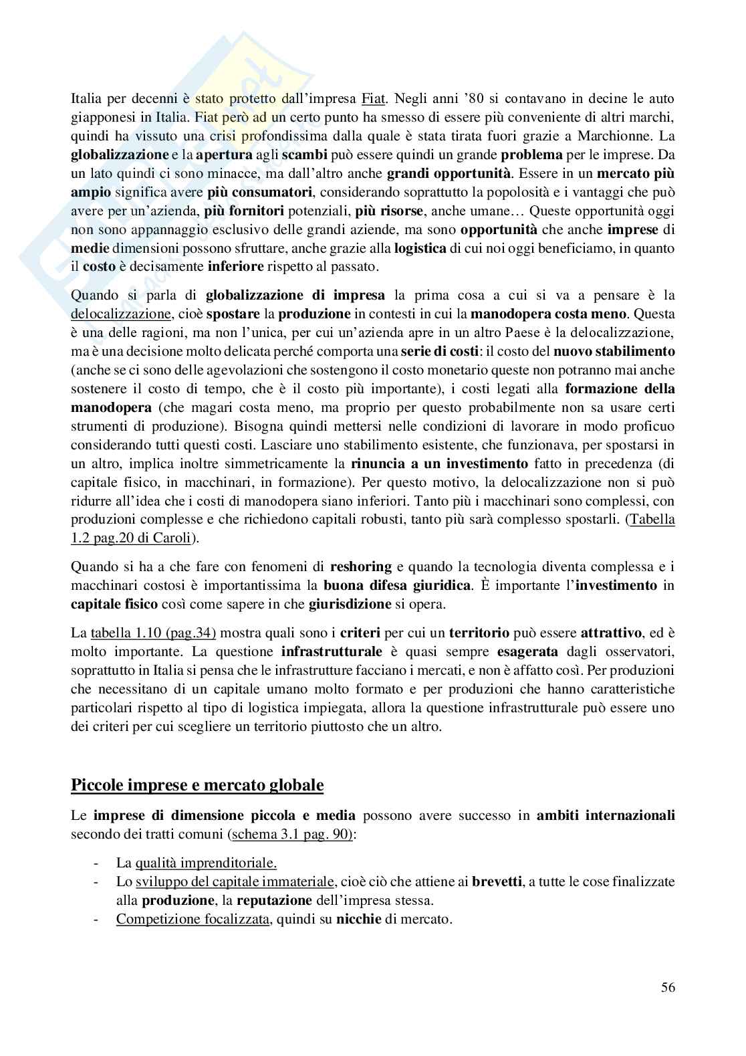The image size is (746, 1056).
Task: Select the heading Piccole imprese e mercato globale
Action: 197,784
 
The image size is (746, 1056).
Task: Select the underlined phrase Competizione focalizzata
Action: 193,919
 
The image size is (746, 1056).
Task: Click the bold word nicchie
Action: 358,919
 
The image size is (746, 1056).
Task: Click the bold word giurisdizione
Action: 350,605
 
